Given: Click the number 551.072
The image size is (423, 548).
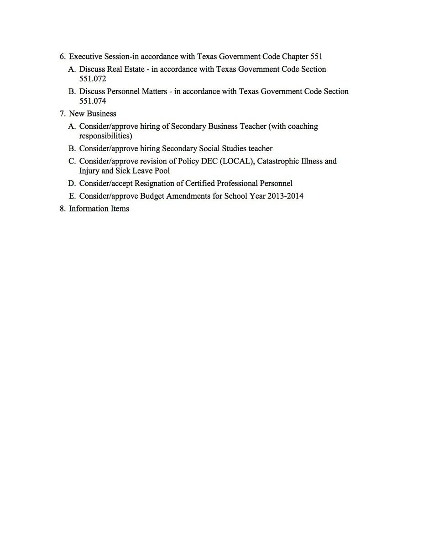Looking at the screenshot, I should click(93, 79).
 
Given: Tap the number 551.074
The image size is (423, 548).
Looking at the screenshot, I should click(93, 101).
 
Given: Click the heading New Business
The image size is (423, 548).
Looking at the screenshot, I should click(93, 114).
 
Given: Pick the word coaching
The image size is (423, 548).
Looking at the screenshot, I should click(303, 126).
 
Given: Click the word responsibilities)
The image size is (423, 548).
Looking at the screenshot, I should click(105, 136).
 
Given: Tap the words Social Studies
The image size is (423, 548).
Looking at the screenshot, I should click(223, 148).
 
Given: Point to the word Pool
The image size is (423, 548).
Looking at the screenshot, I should click(162, 171).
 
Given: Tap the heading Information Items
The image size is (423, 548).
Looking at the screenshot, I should click(99, 209).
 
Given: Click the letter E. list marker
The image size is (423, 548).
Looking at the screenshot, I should click(72, 196).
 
